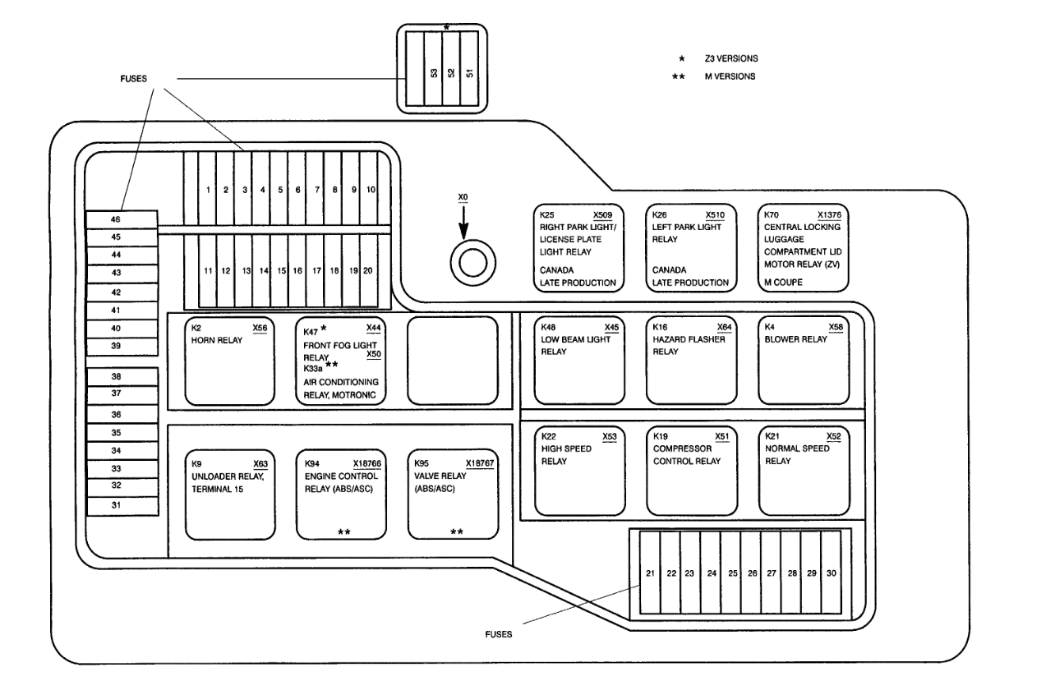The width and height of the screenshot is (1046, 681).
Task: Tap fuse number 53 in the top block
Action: click(x=433, y=73)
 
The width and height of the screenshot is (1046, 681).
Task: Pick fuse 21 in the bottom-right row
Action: click(x=650, y=573)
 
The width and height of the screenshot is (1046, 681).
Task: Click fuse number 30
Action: click(x=832, y=573)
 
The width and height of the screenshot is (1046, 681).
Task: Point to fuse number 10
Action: click(x=371, y=190)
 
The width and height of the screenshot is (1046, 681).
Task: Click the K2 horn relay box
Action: click(x=229, y=361)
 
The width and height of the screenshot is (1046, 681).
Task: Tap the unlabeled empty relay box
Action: click(x=453, y=361)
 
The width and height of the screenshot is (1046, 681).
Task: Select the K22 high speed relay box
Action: click(x=578, y=468)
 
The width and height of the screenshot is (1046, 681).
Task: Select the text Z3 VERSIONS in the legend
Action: click(x=730, y=59)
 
